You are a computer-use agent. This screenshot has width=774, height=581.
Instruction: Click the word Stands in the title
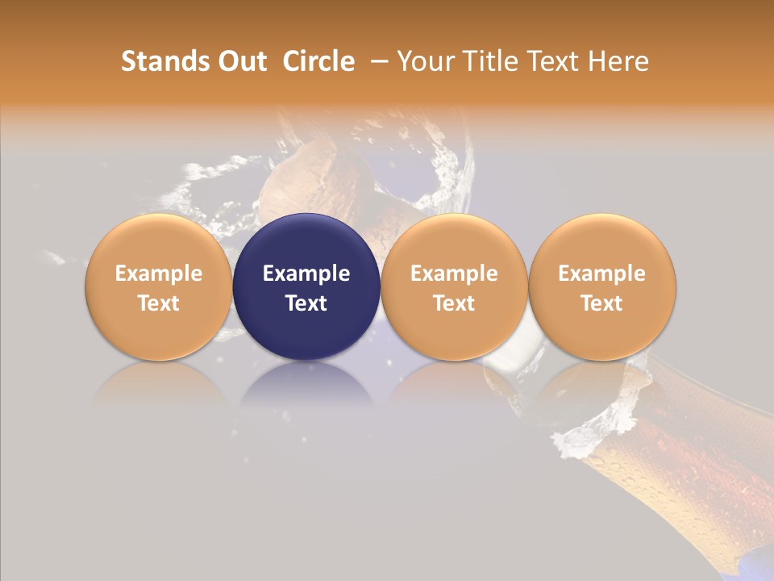click(x=165, y=61)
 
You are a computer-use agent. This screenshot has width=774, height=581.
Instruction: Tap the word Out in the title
click(x=240, y=61)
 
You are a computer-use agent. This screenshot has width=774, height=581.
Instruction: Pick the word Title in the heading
click(x=491, y=61)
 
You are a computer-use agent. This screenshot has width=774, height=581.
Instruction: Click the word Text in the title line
click(x=556, y=61)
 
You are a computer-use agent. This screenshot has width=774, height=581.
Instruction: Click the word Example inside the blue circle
click(x=306, y=274)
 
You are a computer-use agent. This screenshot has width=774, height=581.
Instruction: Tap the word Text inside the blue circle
click(x=306, y=303)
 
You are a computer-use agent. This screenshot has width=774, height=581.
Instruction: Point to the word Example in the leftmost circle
click(x=159, y=274)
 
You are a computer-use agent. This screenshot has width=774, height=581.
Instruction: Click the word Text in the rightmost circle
click(x=602, y=303)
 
